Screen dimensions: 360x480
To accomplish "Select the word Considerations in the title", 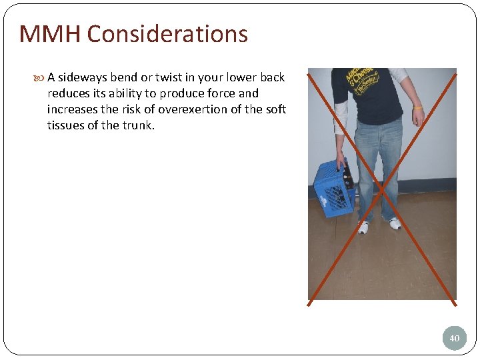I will point(167,33).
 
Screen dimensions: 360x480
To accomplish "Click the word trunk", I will point(138,125).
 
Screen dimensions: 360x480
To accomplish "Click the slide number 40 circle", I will point(454,338).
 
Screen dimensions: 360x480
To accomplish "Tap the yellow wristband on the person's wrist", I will point(417,107).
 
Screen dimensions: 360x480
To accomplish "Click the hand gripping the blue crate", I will point(341,162).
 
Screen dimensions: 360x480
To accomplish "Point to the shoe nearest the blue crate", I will point(363,227).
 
